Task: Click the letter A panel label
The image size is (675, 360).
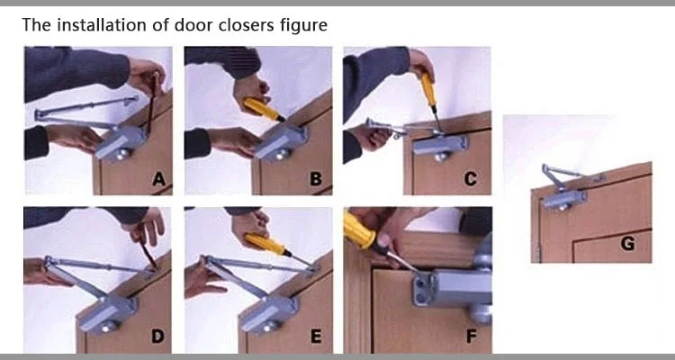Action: pyautogui.click(x=158, y=179)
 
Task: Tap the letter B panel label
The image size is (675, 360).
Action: pyautogui.click(x=316, y=179)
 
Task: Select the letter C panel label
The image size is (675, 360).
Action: pyautogui.click(x=471, y=179)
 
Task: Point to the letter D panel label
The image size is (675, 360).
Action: pyautogui.click(x=157, y=337)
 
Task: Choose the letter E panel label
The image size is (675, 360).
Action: pyautogui.click(x=316, y=337)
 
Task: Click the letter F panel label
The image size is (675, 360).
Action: pyautogui.click(x=472, y=337)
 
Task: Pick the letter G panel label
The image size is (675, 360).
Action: pyautogui.click(x=627, y=244)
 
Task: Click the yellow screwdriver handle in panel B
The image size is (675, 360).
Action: pyautogui.click(x=262, y=110)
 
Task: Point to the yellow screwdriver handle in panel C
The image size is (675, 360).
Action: pyautogui.click(x=428, y=89)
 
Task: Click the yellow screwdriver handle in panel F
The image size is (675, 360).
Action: pyautogui.click(x=360, y=230)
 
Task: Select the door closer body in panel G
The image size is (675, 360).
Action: pyautogui.click(x=565, y=200)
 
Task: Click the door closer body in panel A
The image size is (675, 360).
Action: pyautogui.click(x=121, y=142)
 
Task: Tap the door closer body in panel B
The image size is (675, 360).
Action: pyautogui.click(x=281, y=142)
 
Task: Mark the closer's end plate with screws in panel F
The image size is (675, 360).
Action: pyautogui.click(x=424, y=290)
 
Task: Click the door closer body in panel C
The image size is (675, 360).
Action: pyautogui.click(x=440, y=145)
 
